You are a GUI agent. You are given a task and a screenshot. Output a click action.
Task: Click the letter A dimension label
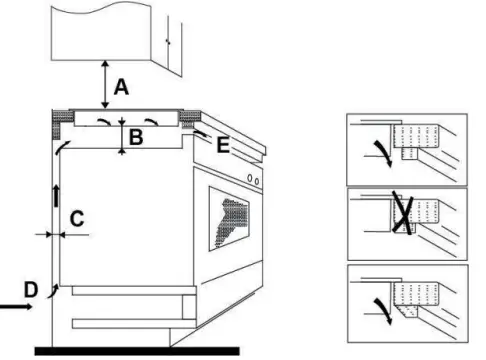click(121, 88)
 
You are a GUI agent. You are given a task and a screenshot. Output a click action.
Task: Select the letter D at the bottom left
click(31, 290)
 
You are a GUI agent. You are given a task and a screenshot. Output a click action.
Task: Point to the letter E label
click(222, 146)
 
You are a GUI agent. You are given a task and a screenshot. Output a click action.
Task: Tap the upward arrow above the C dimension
click(57, 194)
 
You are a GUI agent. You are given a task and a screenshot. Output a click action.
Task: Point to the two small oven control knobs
click(254, 181)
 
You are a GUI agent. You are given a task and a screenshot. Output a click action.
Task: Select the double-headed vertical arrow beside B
click(122, 135)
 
